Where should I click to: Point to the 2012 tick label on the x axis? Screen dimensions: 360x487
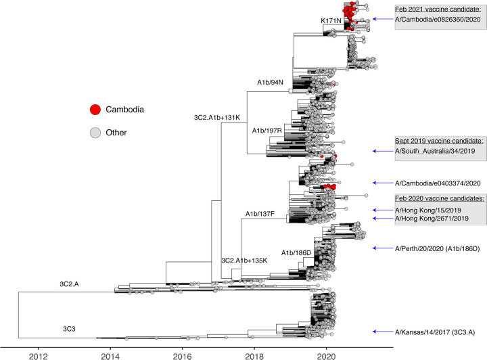pos(38,352)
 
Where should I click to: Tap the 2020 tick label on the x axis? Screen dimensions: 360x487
pos(327,352)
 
